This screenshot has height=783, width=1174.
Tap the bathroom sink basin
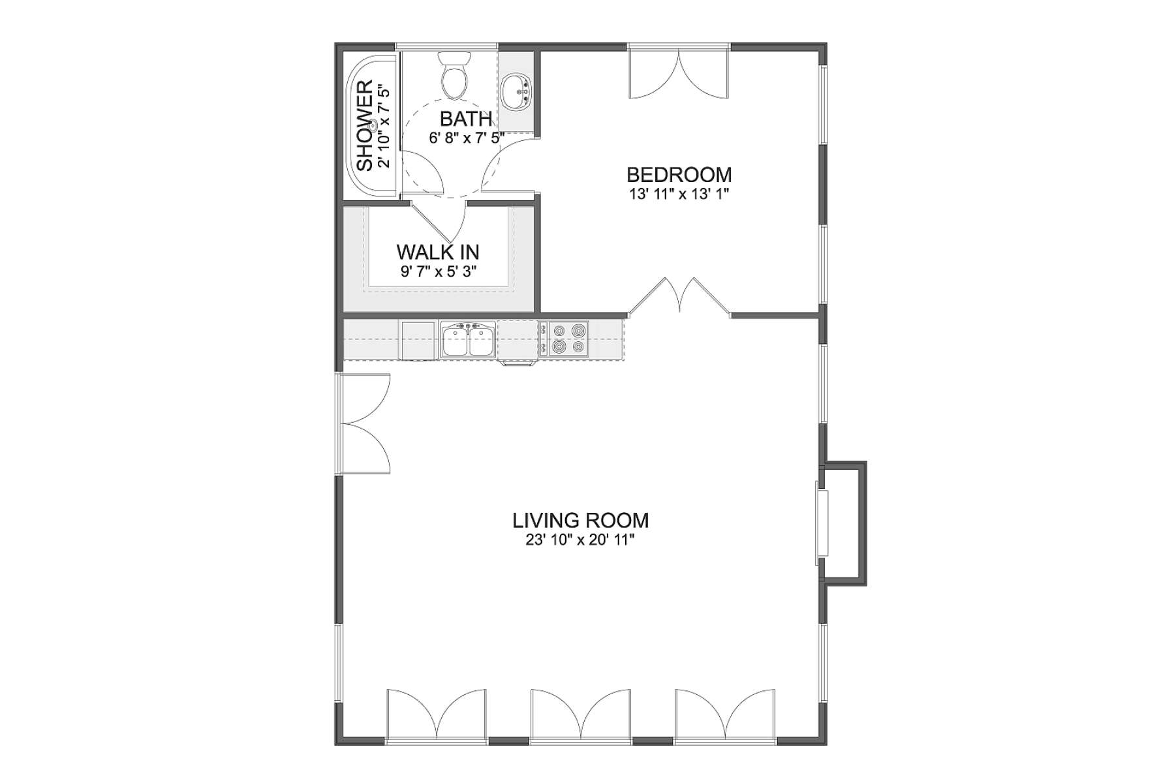(x=517, y=92)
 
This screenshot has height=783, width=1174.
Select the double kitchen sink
(x=468, y=339)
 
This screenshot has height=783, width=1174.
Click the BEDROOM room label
(x=679, y=175)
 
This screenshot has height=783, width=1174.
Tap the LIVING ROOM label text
(x=580, y=521)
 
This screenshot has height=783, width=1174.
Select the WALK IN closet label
(x=438, y=252)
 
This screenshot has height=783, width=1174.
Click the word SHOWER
(x=365, y=125)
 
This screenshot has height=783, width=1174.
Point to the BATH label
(x=465, y=119)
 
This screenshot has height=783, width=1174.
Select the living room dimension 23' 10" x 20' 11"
(x=580, y=540)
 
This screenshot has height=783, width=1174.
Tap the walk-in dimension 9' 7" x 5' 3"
(x=439, y=271)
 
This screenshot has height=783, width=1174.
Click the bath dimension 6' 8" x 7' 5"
(x=467, y=138)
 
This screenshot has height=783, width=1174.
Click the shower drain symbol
(x=374, y=125)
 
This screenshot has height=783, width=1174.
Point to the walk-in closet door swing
(x=439, y=221)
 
